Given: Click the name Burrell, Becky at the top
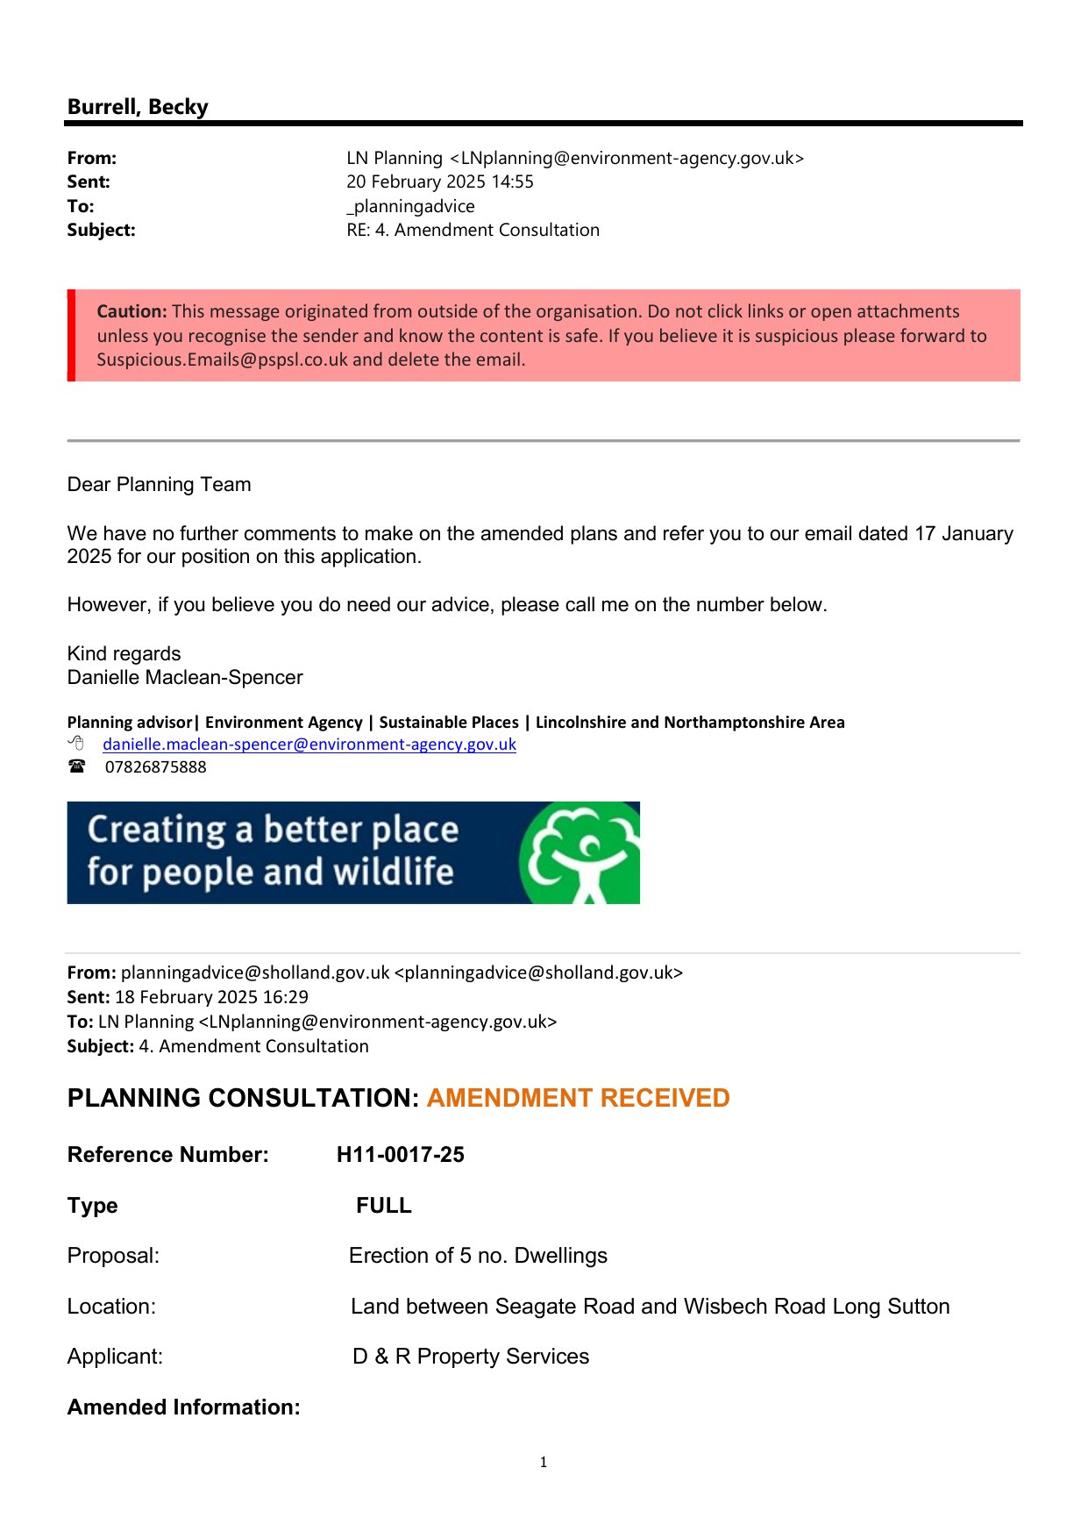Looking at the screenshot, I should tap(138, 107).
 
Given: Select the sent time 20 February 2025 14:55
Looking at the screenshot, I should tap(439, 182).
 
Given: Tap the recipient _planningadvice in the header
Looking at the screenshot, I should tap(410, 206).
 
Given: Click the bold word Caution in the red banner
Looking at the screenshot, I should tap(132, 311).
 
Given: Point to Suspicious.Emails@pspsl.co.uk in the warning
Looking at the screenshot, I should tap(223, 360).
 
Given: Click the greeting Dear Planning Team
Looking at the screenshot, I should tap(159, 484).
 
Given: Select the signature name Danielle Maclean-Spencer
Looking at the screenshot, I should tap(185, 677).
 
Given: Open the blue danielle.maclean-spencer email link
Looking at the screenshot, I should tap(309, 745).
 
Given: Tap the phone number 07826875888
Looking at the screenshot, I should tap(156, 766).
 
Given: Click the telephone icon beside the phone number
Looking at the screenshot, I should tap(77, 766).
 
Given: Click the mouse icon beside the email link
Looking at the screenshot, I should tap(76, 744).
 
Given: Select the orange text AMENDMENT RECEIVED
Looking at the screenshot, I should tap(578, 1098).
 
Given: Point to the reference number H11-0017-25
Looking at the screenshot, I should tap(401, 1154).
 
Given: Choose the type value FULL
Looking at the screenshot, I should tap(383, 1205).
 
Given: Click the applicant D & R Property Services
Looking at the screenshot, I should tap(471, 1356).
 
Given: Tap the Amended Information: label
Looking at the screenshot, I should tap(183, 1407).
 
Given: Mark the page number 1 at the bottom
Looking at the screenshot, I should tap(544, 1462).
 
